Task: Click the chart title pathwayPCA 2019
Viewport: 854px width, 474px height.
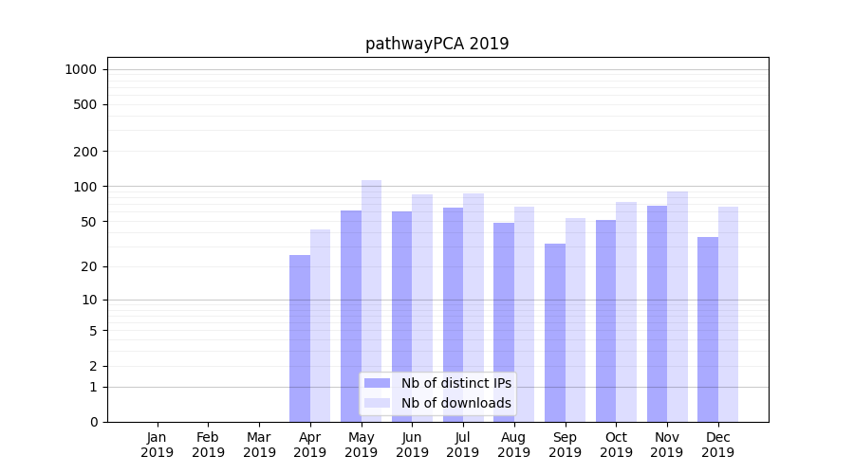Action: (x=436, y=44)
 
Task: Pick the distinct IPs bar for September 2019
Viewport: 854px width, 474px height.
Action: (x=555, y=332)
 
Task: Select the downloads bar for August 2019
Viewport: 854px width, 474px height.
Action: (x=525, y=314)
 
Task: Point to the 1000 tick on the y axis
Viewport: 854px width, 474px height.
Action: (x=81, y=69)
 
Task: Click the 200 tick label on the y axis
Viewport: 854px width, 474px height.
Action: (x=85, y=152)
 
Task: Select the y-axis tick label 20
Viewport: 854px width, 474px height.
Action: (x=89, y=266)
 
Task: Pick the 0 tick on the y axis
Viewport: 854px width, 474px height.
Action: (x=93, y=422)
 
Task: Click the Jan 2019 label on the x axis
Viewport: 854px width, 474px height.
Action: (x=158, y=445)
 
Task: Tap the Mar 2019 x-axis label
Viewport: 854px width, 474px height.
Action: (x=259, y=445)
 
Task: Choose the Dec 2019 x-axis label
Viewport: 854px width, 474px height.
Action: (x=718, y=445)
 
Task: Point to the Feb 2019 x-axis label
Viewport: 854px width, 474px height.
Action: (x=209, y=445)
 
